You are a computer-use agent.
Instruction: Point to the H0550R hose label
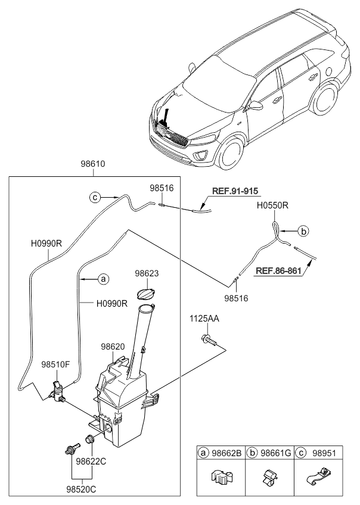coord(273,205)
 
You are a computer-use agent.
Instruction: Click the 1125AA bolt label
coord(204,319)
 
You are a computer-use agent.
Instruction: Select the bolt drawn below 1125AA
coord(208,340)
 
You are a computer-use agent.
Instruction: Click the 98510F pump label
coord(56,363)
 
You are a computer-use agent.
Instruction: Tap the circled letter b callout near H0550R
coord(303,230)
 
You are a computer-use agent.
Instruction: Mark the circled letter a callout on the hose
coord(103,278)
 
